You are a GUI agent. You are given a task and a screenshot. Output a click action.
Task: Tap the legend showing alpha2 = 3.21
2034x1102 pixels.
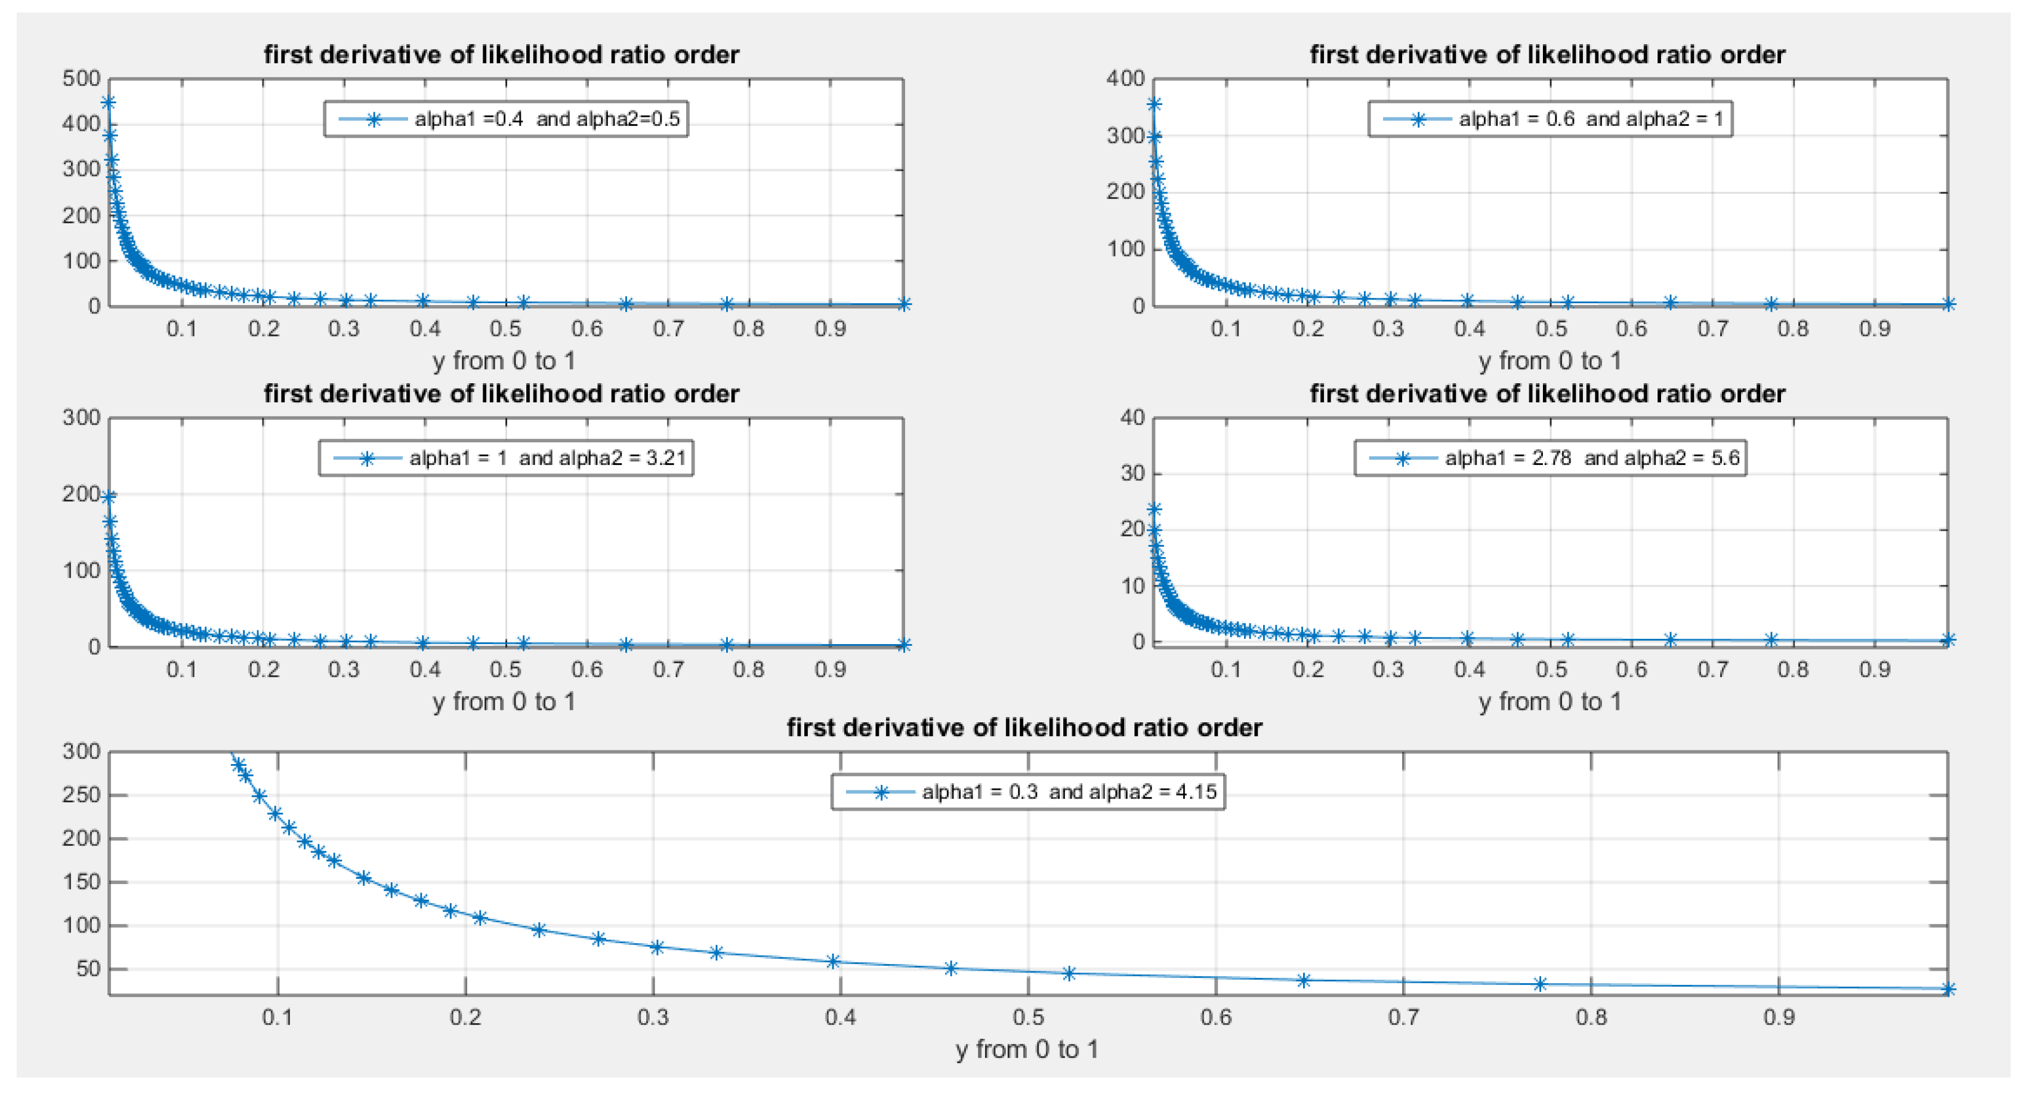point(505,458)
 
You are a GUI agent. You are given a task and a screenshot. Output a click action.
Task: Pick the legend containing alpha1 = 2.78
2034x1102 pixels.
point(1550,458)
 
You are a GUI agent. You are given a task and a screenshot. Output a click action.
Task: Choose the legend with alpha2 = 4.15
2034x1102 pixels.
point(1027,792)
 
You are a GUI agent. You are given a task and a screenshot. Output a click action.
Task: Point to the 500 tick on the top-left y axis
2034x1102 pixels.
point(81,78)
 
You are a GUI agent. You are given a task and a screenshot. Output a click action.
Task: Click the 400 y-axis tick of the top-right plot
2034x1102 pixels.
point(1125,78)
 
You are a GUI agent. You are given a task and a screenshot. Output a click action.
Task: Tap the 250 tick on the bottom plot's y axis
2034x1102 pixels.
point(81,795)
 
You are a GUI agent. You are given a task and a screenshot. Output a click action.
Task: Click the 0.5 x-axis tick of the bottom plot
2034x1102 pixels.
point(1028,1017)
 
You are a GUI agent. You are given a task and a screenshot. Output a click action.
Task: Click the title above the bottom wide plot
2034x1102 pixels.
point(1024,728)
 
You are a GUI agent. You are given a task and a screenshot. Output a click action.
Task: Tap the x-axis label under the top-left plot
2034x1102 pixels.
point(504,361)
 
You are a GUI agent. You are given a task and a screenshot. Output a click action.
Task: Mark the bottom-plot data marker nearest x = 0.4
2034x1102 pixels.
point(833,961)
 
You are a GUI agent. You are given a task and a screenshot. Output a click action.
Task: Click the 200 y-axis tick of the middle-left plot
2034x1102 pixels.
point(81,494)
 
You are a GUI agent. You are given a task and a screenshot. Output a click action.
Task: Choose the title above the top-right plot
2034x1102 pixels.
point(1547,54)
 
